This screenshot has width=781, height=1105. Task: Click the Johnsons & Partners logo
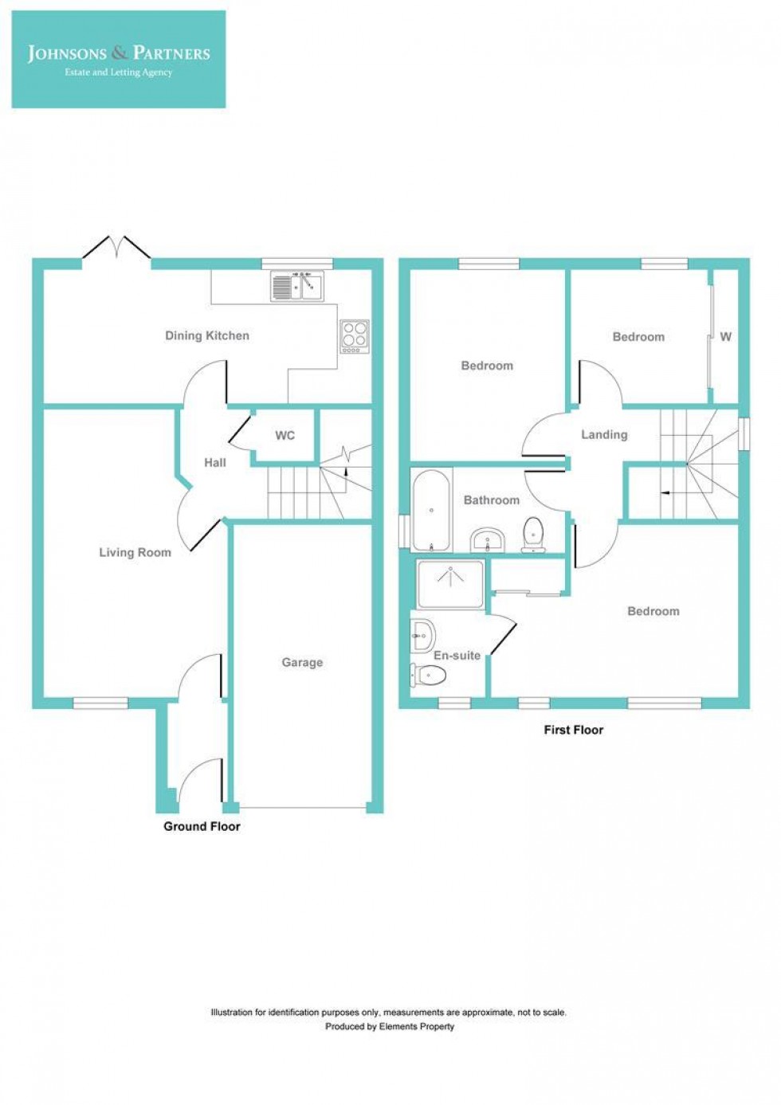tap(119, 60)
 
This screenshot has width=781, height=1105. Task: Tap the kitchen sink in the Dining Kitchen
tap(297, 287)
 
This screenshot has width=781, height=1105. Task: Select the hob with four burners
tap(355, 335)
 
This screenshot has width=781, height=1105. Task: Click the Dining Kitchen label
tap(207, 335)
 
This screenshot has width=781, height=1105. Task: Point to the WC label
tap(285, 435)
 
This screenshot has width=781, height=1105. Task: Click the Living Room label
tap(135, 552)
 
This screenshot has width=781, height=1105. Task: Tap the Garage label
tap(302, 662)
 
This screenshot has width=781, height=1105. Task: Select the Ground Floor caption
tap(202, 826)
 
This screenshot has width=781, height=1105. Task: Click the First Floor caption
tap(573, 729)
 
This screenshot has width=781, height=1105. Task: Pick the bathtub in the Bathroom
tap(431, 511)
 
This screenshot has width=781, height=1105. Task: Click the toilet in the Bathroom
tap(532, 533)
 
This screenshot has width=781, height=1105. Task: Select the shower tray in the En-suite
tap(450, 584)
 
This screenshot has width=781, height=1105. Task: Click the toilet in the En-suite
tap(428, 676)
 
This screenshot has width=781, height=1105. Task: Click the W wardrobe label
tap(725, 336)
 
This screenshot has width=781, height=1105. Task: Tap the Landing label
tap(604, 434)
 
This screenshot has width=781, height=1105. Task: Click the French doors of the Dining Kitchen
tap(117, 247)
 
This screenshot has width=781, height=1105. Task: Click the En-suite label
tap(457, 655)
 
